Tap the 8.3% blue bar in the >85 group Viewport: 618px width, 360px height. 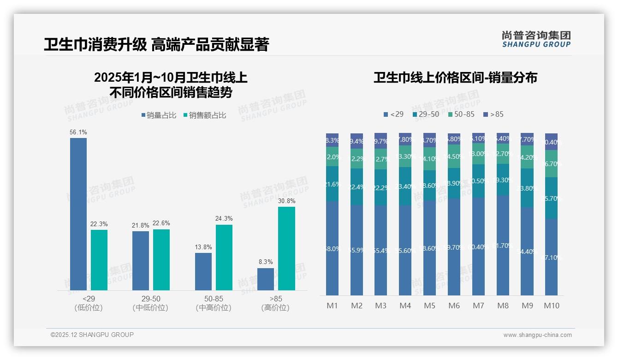pyautogui.click(x=266, y=279)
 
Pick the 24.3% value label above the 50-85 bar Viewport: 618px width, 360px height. pyautogui.click(x=224, y=219)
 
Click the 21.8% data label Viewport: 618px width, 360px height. pyautogui.click(x=141, y=225)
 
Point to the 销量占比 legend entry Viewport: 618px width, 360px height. pyautogui.click(x=159, y=115)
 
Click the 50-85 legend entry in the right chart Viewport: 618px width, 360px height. pyautogui.click(x=461, y=114)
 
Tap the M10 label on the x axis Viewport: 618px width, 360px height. pyautogui.click(x=552, y=306)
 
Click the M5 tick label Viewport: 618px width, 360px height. pyautogui.click(x=429, y=306)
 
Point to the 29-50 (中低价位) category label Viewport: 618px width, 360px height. pyautogui.click(x=150, y=303)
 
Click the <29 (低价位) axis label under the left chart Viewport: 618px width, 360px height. pyautogui.click(x=88, y=303)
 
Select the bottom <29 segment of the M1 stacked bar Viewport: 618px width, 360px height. pyautogui.click(x=332, y=248)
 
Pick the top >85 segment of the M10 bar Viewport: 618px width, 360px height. pyautogui.click(x=552, y=142)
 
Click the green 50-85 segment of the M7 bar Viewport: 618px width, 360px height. pyautogui.click(x=478, y=154)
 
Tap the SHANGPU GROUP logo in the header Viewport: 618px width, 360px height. pyautogui.click(x=536, y=39)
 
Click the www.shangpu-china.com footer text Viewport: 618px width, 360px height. pyautogui.click(x=537, y=335)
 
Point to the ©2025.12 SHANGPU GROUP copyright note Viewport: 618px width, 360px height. pyautogui.click(x=92, y=335)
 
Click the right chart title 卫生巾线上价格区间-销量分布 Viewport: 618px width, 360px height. pyautogui.click(x=455, y=78)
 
